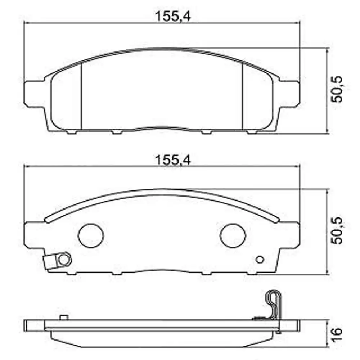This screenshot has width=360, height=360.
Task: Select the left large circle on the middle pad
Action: click(91, 235)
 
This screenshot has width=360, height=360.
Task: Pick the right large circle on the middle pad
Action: click(233, 236)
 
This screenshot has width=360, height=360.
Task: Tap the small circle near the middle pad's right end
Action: click(260, 260)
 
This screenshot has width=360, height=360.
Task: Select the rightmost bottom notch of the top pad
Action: click(252, 132)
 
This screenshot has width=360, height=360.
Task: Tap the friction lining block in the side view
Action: click(162, 340)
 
